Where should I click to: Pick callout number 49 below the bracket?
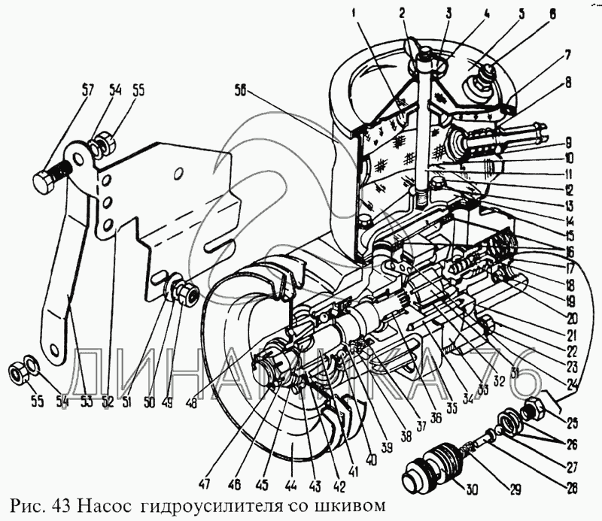point(167,402)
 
